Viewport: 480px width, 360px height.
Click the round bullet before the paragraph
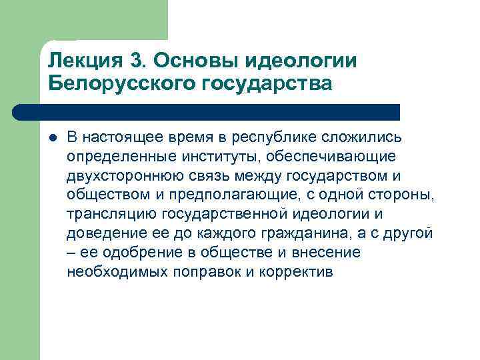(x=53, y=137)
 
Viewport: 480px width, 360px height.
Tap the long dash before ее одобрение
(x=71, y=253)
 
